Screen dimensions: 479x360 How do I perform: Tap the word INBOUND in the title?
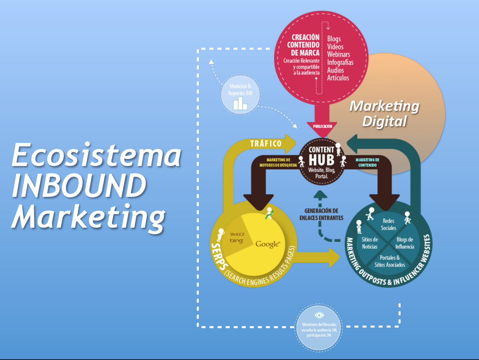point(78,186)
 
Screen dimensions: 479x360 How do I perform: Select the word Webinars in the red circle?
point(338,54)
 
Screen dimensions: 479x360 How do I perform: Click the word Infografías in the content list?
point(340,62)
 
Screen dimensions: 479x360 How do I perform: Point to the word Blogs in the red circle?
point(334,39)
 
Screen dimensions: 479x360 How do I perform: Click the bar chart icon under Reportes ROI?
point(240,103)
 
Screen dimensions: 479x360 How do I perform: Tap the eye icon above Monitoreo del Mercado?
point(319,315)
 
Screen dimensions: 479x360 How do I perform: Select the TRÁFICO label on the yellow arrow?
point(266,144)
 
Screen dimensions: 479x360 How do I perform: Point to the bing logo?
point(237,241)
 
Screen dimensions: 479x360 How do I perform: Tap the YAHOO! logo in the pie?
point(237,234)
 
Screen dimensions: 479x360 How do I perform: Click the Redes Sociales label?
point(388,224)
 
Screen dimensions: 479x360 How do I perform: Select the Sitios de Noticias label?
point(370,243)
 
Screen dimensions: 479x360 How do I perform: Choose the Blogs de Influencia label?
point(405,243)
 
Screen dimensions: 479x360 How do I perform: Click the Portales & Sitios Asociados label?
point(390,261)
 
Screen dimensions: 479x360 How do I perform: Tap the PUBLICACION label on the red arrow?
point(322,126)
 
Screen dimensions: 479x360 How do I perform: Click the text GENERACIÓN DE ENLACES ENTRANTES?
point(321,214)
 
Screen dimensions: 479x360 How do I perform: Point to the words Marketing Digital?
point(384,113)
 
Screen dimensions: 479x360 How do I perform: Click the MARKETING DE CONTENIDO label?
point(367,163)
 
